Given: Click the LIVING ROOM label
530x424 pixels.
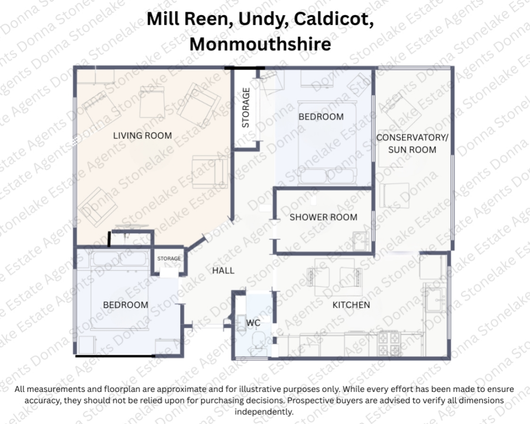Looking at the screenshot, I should click(x=142, y=136).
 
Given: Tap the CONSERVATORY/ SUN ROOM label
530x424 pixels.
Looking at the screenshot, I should click(x=412, y=144).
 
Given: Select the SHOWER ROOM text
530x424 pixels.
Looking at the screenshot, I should click(x=323, y=217).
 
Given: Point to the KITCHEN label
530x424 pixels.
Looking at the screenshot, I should click(x=351, y=305).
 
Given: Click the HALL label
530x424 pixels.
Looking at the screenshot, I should click(x=223, y=270).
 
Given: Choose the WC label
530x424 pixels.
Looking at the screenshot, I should click(x=253, y=323).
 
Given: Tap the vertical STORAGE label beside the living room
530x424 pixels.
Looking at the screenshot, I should click(x=246, y=108).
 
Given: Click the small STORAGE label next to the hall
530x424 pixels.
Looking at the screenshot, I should click(x=169, y=259).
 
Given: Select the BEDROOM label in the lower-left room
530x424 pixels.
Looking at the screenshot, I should click(x=126, y=305).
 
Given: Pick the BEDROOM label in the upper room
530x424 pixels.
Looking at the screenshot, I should click(x=321, y=117).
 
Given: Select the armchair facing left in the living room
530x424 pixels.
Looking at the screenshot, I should click(x=210, y=170).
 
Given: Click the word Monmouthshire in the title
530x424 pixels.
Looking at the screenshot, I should click(x=260, y=44).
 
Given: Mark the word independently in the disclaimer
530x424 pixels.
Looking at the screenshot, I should click(x=264, y=412).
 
